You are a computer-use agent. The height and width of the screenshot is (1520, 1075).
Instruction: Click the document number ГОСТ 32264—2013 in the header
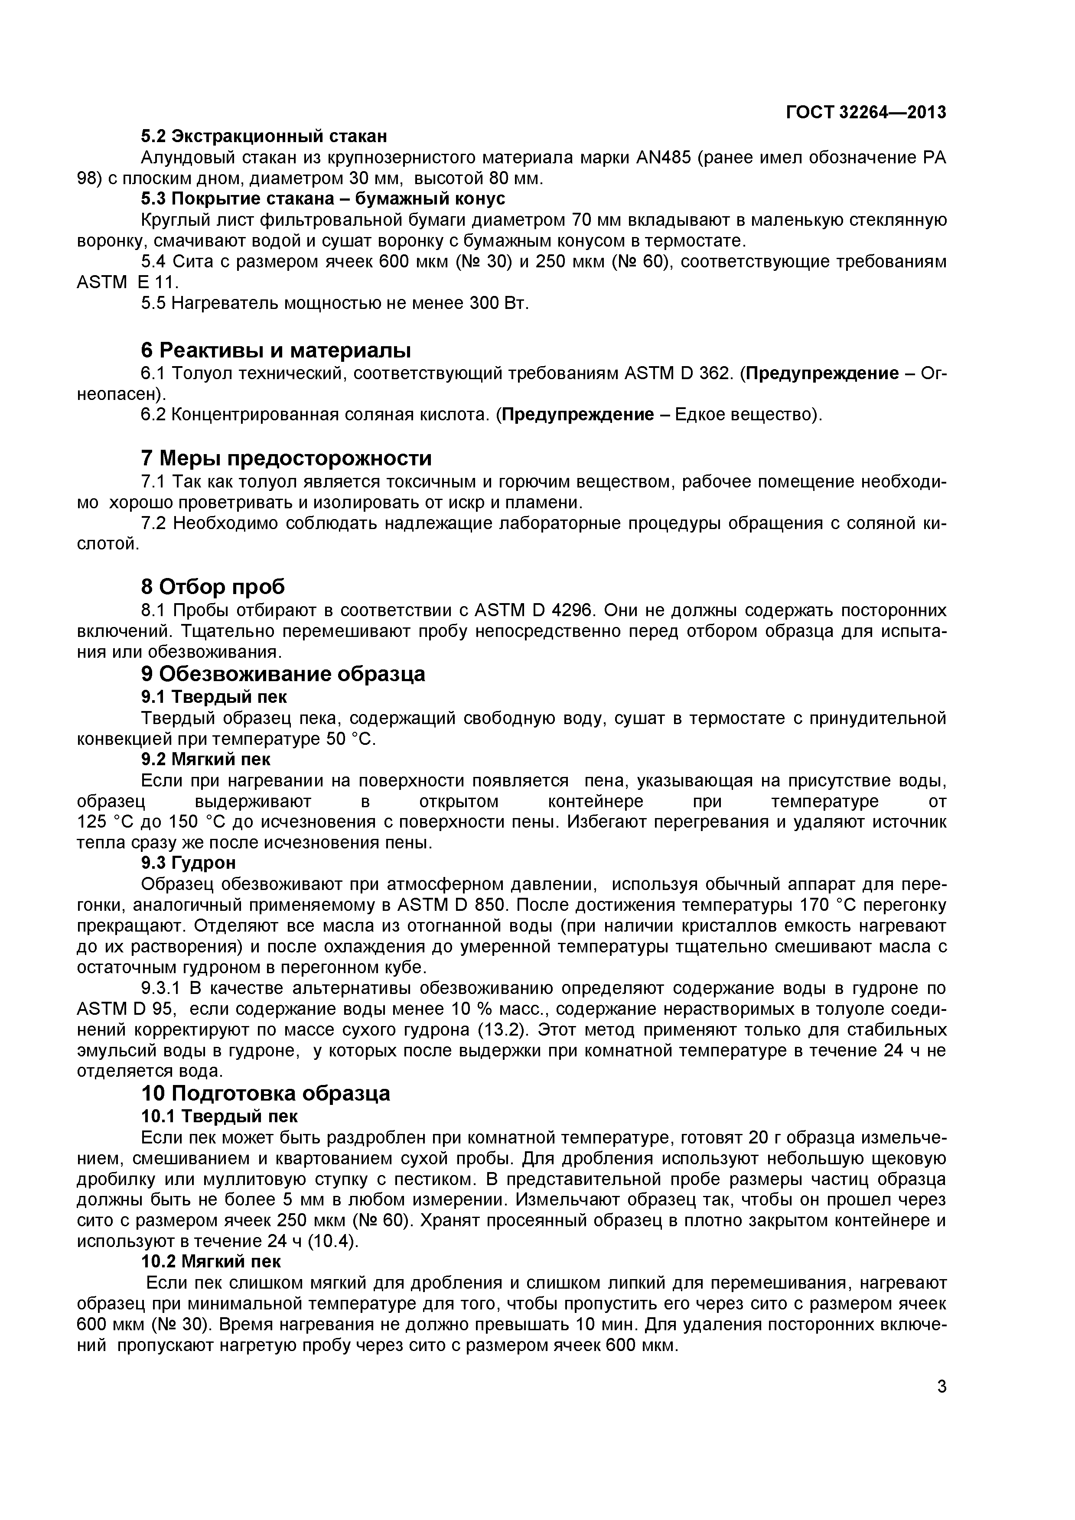click(x=866, y=113)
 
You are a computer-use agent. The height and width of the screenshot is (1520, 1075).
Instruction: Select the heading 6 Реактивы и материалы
click(x=276, y=350)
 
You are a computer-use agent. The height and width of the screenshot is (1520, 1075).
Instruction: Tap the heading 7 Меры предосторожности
click(x=286, y=458)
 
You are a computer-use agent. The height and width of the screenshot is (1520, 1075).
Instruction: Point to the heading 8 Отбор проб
click(x=212, y=587)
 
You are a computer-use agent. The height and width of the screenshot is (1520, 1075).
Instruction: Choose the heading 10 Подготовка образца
click(x=266, y=1093)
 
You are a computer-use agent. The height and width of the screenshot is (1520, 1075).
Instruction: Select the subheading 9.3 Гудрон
click(x=188, y=863)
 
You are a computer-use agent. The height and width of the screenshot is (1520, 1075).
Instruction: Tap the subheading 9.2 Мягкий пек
click(x=205, y=759)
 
